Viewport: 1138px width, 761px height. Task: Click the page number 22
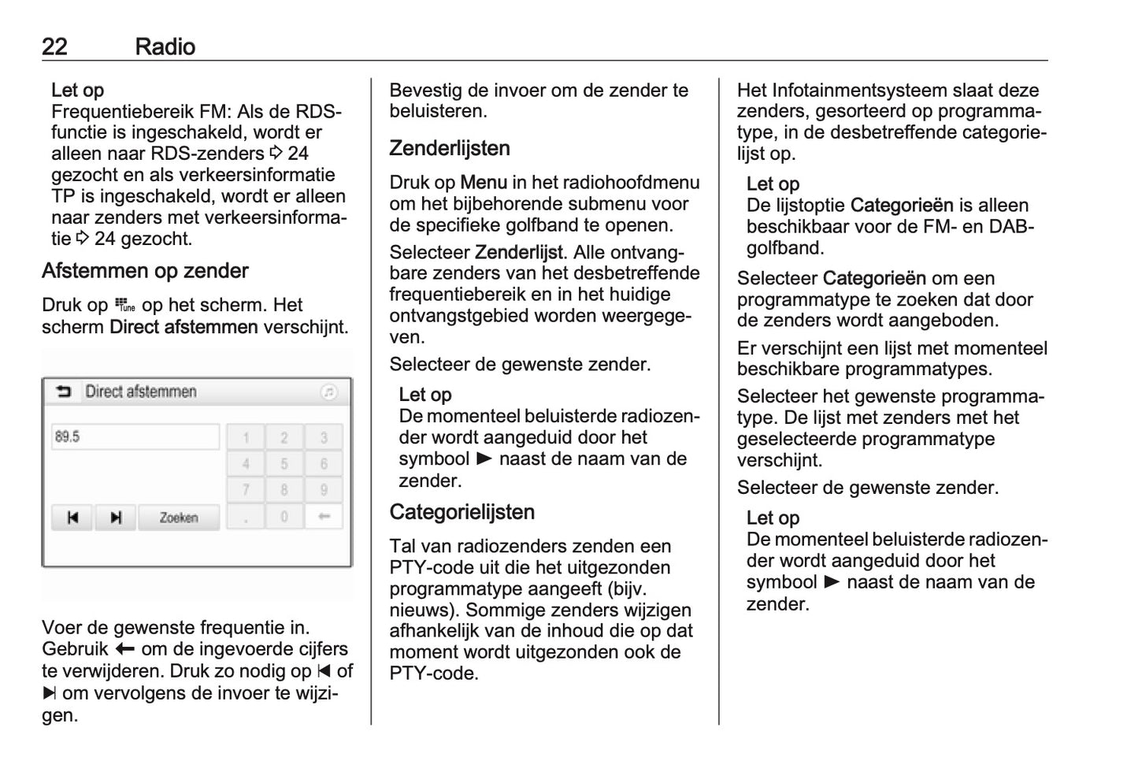click(x=54, y=46)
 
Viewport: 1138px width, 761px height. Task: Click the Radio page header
click(x=165, y=46)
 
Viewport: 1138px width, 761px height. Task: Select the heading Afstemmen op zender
click(x=145, y=271)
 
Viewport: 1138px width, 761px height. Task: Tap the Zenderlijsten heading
click(x=450, y=148)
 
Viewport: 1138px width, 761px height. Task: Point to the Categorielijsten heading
click(x=462, y=512)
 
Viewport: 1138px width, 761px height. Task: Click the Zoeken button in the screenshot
click(x=179, y=518)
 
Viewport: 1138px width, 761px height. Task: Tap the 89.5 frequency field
click(x=135, y=436)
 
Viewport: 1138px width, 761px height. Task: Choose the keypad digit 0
click(x=284, y=517)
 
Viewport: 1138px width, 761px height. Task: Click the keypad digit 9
click(x=323, y=490)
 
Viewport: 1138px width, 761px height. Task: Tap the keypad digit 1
click(x=246, y=437)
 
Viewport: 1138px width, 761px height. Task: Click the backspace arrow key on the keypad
click(x=323, y=517)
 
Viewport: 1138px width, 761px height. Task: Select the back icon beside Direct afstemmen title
click(x=63, y=392)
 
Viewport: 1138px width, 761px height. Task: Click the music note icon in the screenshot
click(x=329, y=392)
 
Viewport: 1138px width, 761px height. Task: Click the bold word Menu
click(x=484, y=183)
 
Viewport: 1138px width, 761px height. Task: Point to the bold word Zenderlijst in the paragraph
click(x=519, y=253)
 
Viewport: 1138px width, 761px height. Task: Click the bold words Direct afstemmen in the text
click(x=183, y=327)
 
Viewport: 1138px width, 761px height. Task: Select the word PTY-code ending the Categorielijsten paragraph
click(x=433, y=674)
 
